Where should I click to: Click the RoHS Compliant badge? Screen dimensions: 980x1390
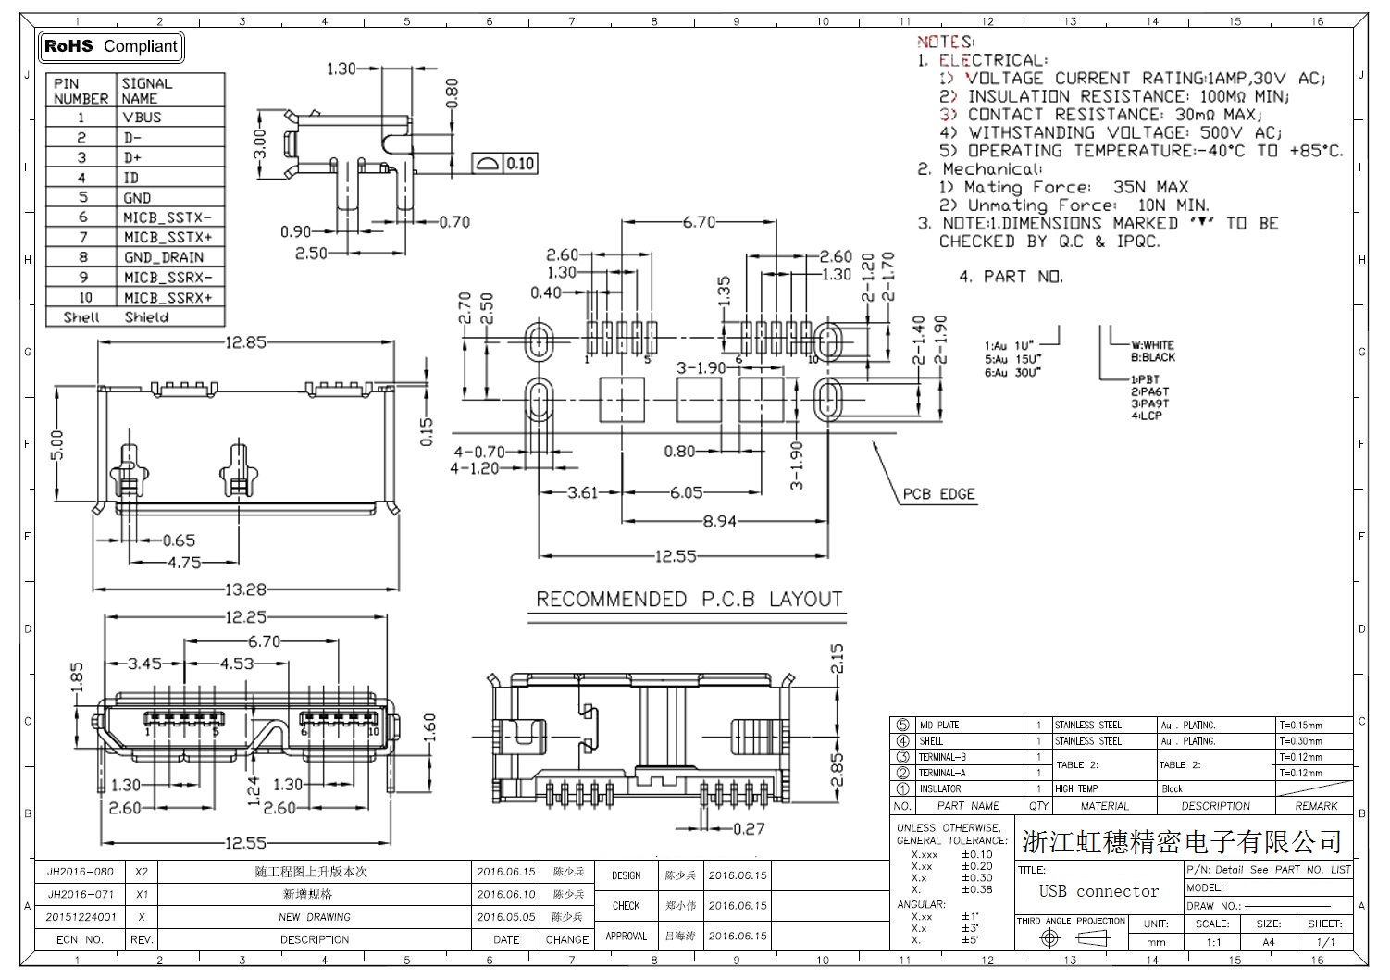point(111,46)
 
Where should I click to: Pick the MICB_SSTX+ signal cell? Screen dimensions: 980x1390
point(168,237)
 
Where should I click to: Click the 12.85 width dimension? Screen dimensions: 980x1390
point(244,342)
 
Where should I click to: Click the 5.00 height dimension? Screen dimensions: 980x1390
point(58,444)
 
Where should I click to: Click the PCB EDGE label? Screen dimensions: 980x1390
point(938,494)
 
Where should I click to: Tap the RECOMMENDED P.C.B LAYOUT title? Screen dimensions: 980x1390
point(689,600)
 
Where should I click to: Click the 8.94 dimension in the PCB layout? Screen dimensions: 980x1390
point(719,521)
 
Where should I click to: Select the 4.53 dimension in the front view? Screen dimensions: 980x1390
point(237,663)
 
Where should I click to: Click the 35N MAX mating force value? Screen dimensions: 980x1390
point(1150,187)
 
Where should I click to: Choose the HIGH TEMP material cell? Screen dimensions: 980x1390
point(1076,788)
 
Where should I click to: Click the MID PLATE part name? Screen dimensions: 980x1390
point(938,726)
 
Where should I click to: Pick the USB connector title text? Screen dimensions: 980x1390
point(1098,891)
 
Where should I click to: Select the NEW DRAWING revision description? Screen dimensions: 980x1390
point(315,917)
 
